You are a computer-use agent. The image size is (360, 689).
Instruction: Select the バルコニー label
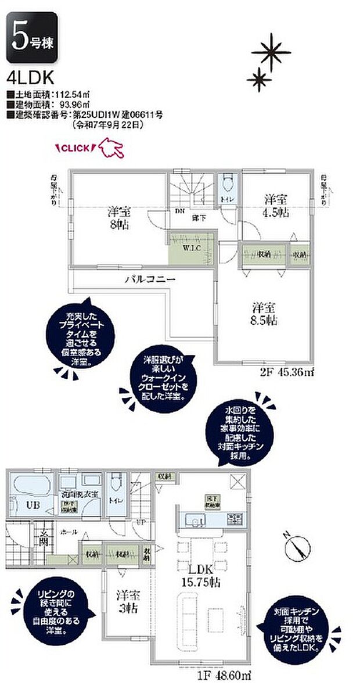150,280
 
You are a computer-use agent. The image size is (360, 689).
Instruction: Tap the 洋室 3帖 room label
128,602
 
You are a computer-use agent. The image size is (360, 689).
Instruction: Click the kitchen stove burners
234,518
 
